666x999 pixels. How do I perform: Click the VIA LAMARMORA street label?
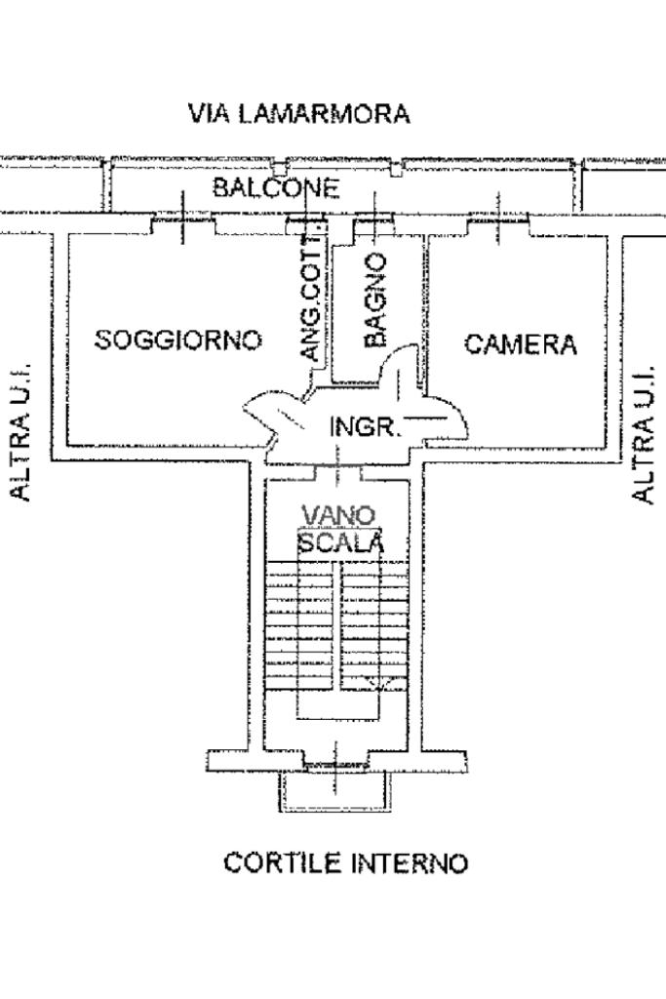pos(299,114)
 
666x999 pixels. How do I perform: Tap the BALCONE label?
pos(276,188)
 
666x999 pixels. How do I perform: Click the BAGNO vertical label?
pos(375,300)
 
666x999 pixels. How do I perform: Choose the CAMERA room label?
pos(521,344)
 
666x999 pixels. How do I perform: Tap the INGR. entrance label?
pos(365,427)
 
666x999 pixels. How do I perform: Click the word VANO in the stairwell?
pos(336,515)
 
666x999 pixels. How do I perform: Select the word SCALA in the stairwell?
pos(340,542)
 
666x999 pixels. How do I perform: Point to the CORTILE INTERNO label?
pos(345,863)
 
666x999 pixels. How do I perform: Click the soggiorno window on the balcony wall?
pos(182,224)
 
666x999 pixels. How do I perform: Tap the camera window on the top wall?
pos(498,224)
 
